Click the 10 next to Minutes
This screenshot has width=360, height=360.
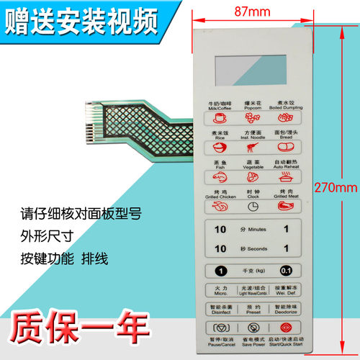220,229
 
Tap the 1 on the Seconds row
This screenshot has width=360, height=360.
286,248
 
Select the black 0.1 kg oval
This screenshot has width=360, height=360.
287,271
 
